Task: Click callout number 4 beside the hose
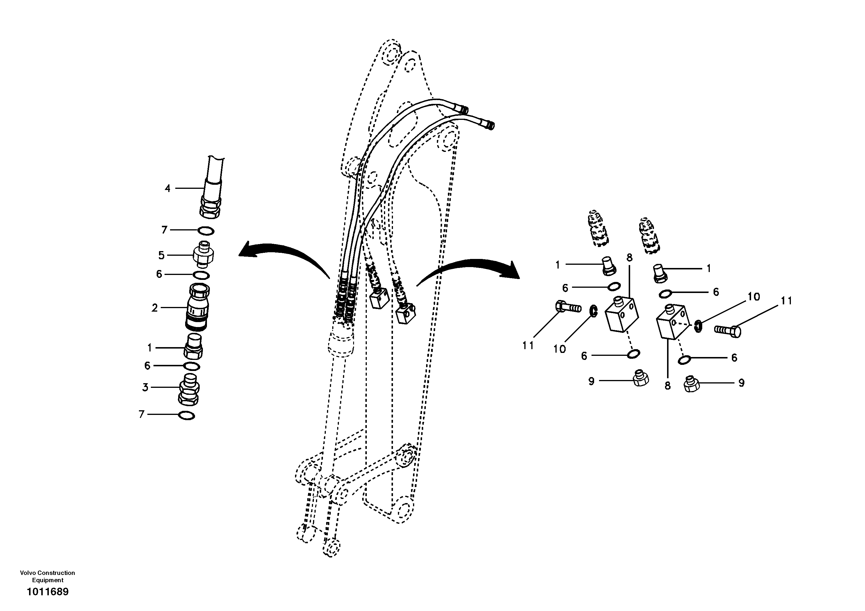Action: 168,188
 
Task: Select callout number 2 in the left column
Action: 154,308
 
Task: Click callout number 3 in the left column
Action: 145,387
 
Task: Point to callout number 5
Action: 161,255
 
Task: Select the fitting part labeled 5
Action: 203,255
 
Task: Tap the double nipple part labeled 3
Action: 188,388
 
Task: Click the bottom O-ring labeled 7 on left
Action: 187,416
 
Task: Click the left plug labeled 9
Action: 640,378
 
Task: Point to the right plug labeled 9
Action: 692,384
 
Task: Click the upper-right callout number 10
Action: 753,296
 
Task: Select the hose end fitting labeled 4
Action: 211,204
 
